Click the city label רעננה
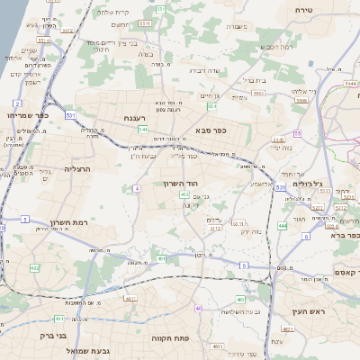click(x=141, y=117)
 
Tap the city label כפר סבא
click(x=210, y=130)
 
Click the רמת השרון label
click(x=55, y=223)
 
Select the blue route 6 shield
click(x=305, y=236)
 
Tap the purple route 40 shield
click(x=197, y=308)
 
